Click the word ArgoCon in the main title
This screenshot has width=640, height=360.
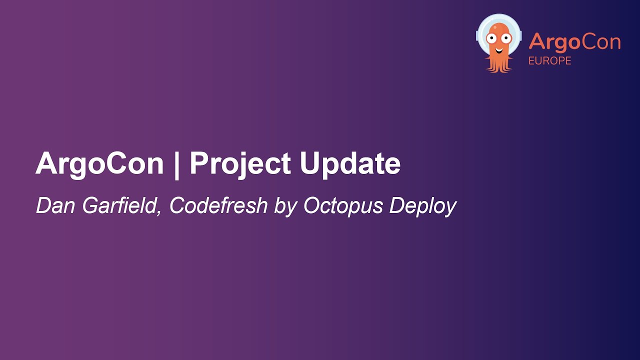coord(99,163)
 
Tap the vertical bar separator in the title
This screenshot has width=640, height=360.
coord(176,163)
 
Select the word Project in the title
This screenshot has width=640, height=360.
coord(240,163)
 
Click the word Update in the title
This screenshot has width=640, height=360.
coord(350,163)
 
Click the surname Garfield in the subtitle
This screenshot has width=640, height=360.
coord(120,206)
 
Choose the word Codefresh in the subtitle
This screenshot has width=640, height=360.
coord(218,206)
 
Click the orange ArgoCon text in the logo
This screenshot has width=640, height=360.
coord(574,42)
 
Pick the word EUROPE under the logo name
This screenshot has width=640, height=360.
coord(549,61)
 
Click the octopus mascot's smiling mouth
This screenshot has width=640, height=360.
coord(498,48)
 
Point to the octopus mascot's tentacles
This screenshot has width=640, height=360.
coord(498,63)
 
